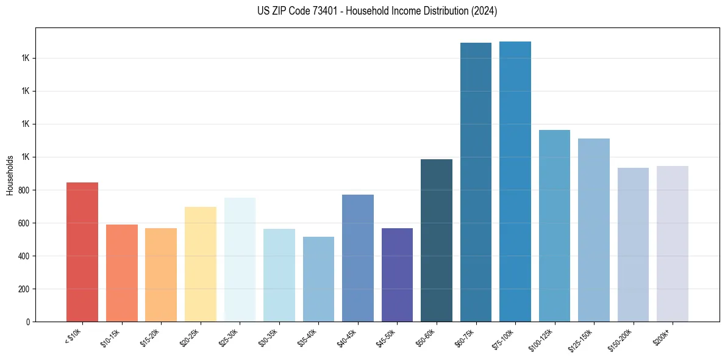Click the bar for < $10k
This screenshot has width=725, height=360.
(82, 252)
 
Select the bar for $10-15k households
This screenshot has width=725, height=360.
(121, 273)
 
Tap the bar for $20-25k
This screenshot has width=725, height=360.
(200, 264)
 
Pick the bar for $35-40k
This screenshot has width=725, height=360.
(318, 279)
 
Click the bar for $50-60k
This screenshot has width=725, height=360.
(437, 240)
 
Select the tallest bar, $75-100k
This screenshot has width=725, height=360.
(515, 181)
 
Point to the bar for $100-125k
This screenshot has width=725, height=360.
(554, 226)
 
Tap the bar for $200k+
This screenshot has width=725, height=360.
(673, 243)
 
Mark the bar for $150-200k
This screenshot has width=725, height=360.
(633, 245)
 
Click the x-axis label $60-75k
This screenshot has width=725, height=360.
(466, 337)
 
